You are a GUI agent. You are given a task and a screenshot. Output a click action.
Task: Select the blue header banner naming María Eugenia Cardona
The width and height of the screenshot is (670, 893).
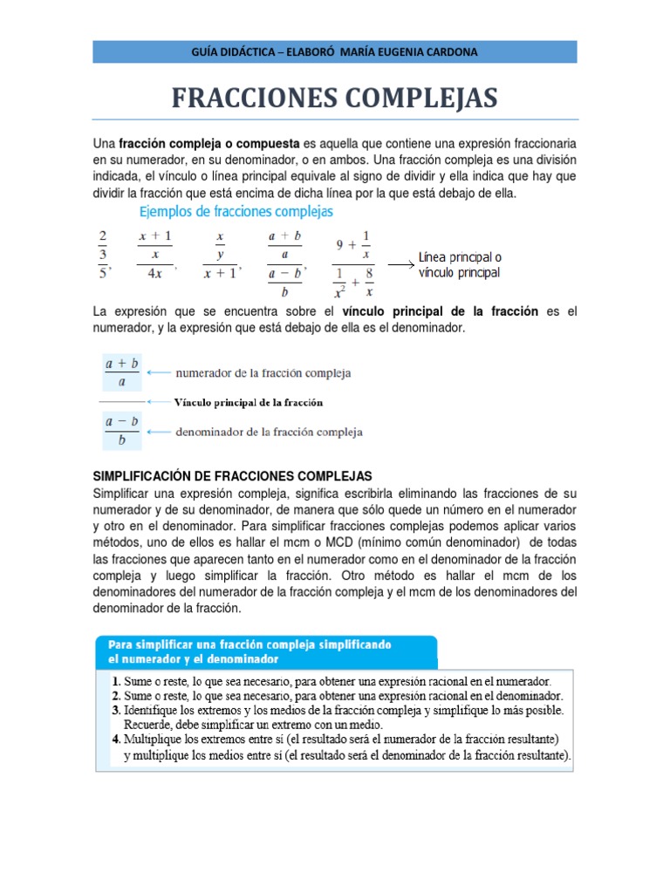click(x=335, y=51)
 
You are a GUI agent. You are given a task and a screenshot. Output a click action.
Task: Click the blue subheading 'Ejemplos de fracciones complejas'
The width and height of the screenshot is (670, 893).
click(x=236, y=212)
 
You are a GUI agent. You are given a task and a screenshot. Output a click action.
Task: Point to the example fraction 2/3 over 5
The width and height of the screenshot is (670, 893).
click(x=102, y=253)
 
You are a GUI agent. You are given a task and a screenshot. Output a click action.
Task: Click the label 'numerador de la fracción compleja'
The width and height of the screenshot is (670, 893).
click(x=263, y=373)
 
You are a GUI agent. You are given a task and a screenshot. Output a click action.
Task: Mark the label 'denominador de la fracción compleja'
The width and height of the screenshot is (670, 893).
click(x=270, y=432)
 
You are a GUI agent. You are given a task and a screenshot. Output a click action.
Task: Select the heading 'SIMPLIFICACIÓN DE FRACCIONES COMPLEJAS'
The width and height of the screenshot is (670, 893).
click(x=232, y=475)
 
